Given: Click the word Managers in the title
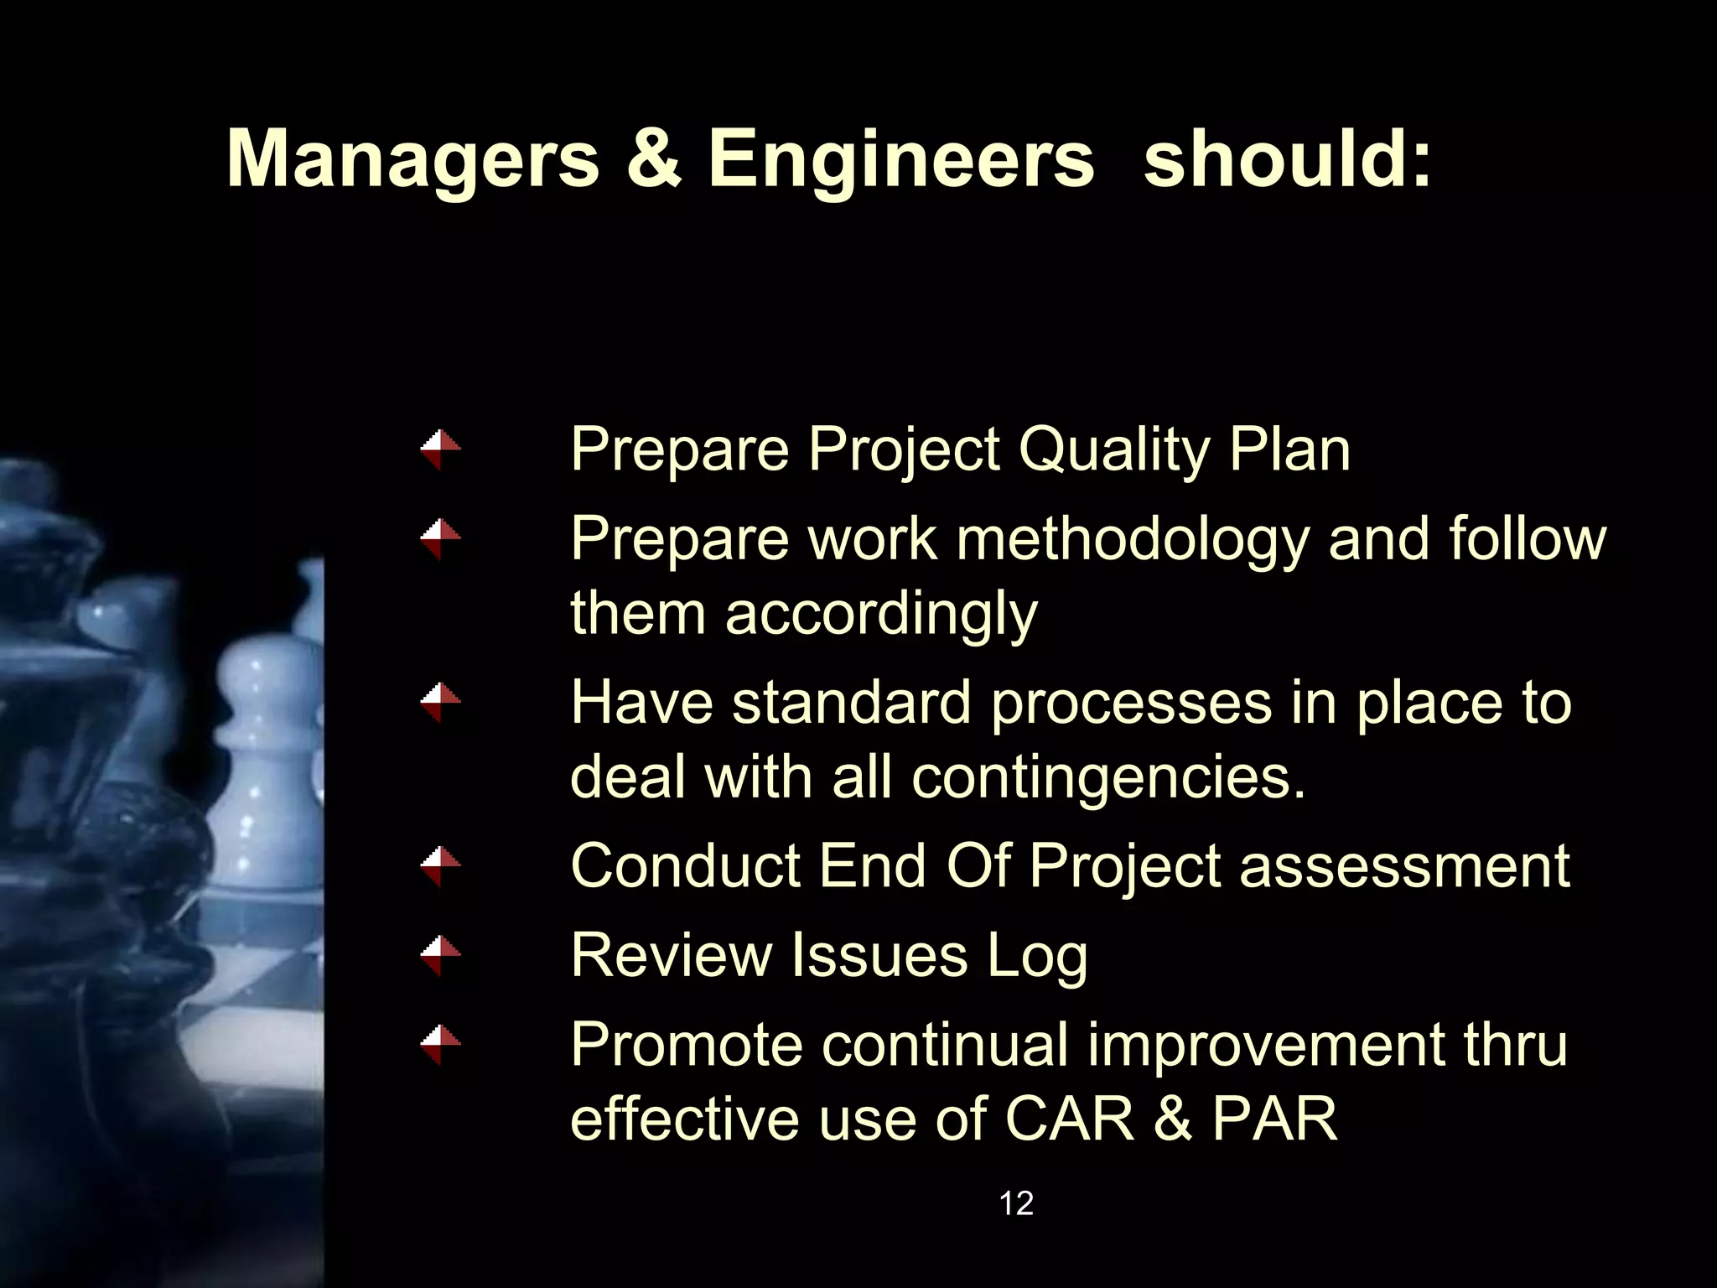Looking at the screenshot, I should tap(412, 159).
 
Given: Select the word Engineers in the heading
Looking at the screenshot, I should tap(900, 159).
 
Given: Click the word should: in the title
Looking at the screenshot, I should tap(1287, 159).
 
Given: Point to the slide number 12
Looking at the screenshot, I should tap(1016, 1203).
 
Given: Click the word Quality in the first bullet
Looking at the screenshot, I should tap(1114, 450).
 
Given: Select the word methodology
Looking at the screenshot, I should tap(1133, 539).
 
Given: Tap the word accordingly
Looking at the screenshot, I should tap(881, 613).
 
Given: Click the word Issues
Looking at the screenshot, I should tap(879, 954).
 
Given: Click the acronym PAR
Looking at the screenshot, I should tap(1274, 1118).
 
